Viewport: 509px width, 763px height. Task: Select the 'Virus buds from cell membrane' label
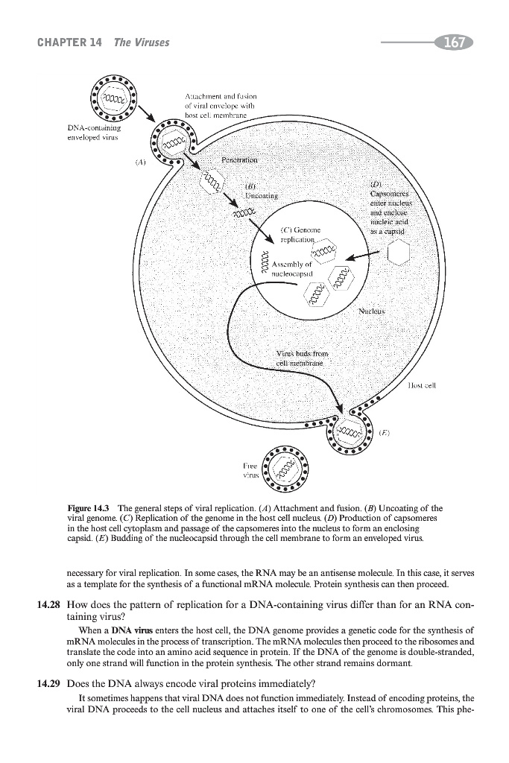(x=301, y=358)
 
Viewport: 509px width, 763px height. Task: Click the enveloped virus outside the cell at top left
(x=116, y=101)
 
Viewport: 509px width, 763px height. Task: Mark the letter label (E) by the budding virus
(x=385, y=431)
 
